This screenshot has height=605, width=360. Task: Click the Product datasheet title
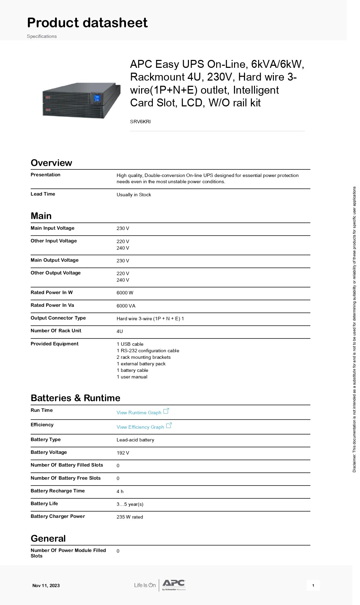[x=87, y=23]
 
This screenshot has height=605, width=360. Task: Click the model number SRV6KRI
[x=140, y=122]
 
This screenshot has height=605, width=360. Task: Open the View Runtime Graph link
[x=139, y=413]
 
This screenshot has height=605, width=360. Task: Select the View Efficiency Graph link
[x=140, y=427]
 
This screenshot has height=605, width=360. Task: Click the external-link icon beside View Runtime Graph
[x=166, y=411]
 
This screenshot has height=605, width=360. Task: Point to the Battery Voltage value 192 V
[x=123, y=453]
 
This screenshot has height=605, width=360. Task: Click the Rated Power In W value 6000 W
[x=125, y=293]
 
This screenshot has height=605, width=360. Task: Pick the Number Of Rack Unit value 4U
[x=120, y=331]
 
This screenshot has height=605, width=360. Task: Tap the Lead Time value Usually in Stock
[x=134, y=195]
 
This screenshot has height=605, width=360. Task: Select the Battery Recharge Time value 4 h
[x=120, y=491]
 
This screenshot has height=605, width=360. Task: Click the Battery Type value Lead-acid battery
[x=135, y=440]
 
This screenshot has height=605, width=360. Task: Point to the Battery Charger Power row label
[x=58, y=516]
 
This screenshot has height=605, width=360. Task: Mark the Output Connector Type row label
[x=58, y=318]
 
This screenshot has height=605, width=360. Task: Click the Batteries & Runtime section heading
[x=75, y=398]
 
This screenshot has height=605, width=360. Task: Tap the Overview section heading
[x=51, y=163]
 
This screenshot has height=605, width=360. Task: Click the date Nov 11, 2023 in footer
[x=46, y=585]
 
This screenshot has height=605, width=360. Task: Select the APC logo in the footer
[x=174, y=584]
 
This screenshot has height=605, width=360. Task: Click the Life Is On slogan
[x=145, y=585]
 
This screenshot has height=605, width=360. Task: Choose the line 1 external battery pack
[x=141, y=364]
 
